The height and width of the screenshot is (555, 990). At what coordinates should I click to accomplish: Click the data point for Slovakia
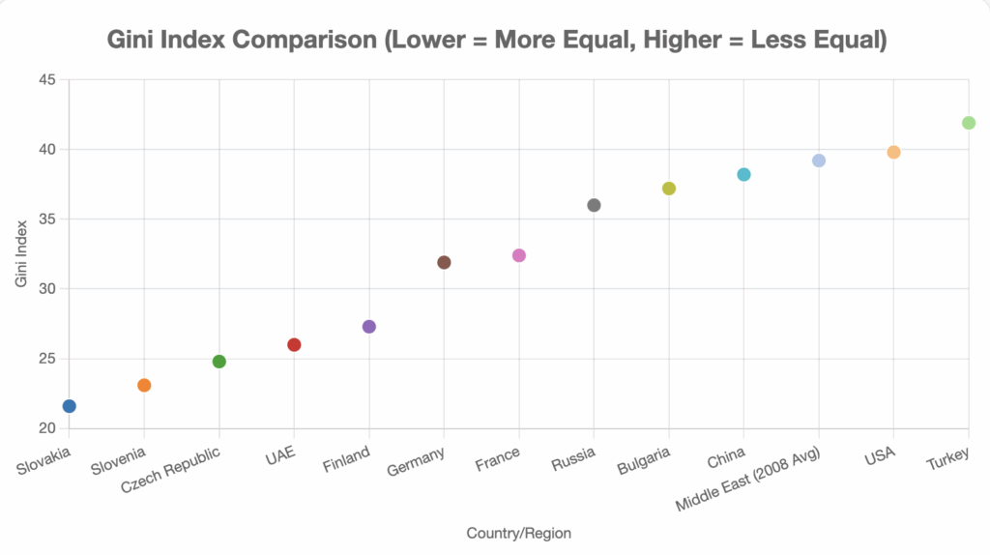[70, 406]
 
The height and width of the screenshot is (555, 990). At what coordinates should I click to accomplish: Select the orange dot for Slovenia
[144, 385]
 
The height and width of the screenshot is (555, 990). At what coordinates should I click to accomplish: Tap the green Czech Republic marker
[219, 362]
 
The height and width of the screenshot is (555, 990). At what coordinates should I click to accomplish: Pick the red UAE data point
[294, 345]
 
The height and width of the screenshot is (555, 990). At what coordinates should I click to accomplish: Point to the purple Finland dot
[369, 327]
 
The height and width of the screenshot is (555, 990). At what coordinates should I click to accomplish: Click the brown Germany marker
[444, 262]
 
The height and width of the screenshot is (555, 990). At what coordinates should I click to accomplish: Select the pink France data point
[519, 255]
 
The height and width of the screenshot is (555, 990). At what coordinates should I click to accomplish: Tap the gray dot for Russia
[594, 205]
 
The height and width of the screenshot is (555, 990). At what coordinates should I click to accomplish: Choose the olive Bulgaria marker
[669, 189]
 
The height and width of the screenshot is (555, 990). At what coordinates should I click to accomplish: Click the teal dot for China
[743, 174]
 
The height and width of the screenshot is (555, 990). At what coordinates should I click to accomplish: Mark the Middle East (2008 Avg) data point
[819, 161]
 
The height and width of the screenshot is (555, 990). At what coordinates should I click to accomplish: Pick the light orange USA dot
[893, 152]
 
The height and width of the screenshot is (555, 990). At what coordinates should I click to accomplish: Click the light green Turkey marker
[969, 123]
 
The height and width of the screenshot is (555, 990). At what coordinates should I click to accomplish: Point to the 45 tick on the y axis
[47, 79]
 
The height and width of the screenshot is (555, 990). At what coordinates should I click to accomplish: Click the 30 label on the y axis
[47, 289]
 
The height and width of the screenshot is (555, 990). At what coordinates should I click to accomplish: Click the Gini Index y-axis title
[21, 253]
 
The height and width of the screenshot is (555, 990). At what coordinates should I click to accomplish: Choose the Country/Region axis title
[518, 533]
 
